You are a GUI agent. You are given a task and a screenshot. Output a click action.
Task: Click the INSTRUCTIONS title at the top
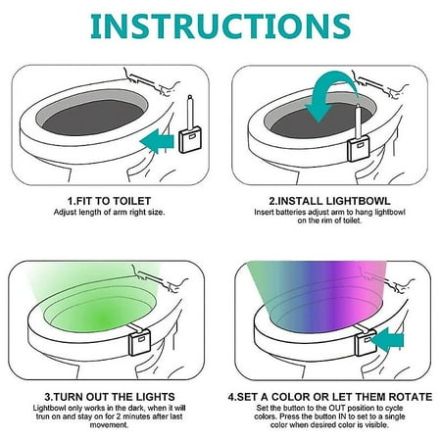[220, 24]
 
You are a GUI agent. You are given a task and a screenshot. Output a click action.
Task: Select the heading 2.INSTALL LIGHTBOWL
[324, 198]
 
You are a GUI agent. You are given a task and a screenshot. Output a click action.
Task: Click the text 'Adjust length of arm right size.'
[110, 212]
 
